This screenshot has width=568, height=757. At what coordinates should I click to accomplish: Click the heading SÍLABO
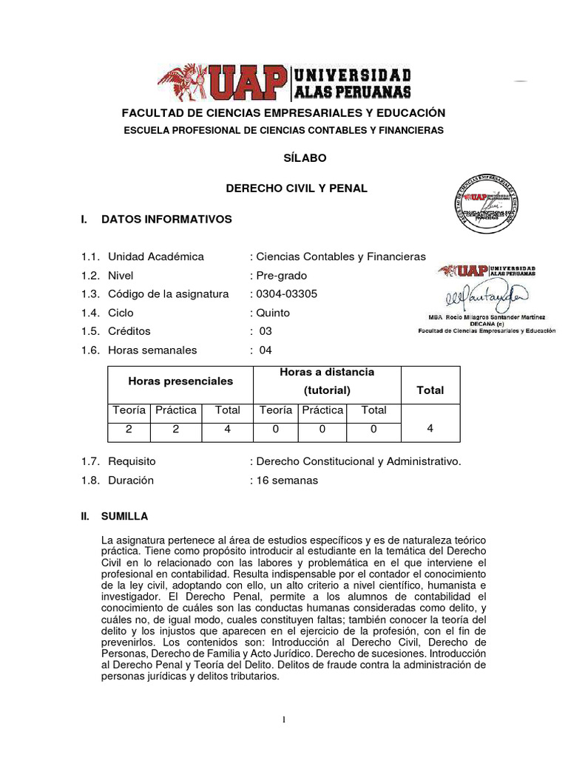pyautogui.click(x=305, y=158)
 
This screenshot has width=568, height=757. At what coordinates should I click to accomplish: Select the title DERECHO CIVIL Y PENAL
pyautogui.click(x=296, y=189)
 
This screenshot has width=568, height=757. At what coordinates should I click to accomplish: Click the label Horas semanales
pyautogui.click(x=152, y=350)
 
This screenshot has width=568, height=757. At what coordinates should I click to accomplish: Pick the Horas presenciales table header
pyautogui.click(x=180, y=381)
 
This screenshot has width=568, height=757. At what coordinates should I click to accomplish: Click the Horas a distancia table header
pyautogui.click(x=326, y=372)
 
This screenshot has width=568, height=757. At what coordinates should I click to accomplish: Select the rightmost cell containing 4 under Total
pyautogui.click(x=430, y=428)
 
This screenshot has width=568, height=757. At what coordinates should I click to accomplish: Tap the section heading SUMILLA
pyautogui.click(x=124, y=516)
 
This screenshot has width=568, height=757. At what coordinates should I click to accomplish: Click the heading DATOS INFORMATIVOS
pyautogui.click(x=166, y=220)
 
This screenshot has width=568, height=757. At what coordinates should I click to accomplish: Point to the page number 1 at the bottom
pyautogui.click(x=283, y=721)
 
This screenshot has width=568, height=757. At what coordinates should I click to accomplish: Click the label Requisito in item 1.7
pyautogui.click(x=132, y=461)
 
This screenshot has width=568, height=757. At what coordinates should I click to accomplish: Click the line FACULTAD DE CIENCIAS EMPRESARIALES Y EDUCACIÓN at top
pyautogui.click(x=283, y=113)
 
